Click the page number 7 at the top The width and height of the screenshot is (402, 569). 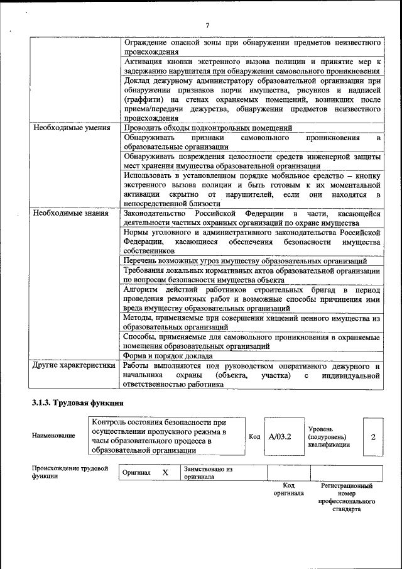click(x=207, y=25)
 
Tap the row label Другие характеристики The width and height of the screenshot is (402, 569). click(x=74, y=365)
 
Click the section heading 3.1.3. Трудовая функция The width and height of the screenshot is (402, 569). click(x=78, y=402)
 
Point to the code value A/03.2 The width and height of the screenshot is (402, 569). click(x=280, y=436)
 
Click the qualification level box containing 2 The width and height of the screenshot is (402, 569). click(x=372, y=436)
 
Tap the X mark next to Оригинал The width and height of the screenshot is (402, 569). click(x=165, y=472)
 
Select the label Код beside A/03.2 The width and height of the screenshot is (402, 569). click(x=254, y=436)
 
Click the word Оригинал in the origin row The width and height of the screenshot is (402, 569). click(x=136, y=473)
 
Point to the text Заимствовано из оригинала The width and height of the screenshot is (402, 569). click(x=208, y=473)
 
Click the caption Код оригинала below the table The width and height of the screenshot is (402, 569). click(x=288, y=489)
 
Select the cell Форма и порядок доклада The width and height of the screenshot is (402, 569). click(x=168, y=355)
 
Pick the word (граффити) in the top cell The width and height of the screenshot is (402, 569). click(x=143, y=99)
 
